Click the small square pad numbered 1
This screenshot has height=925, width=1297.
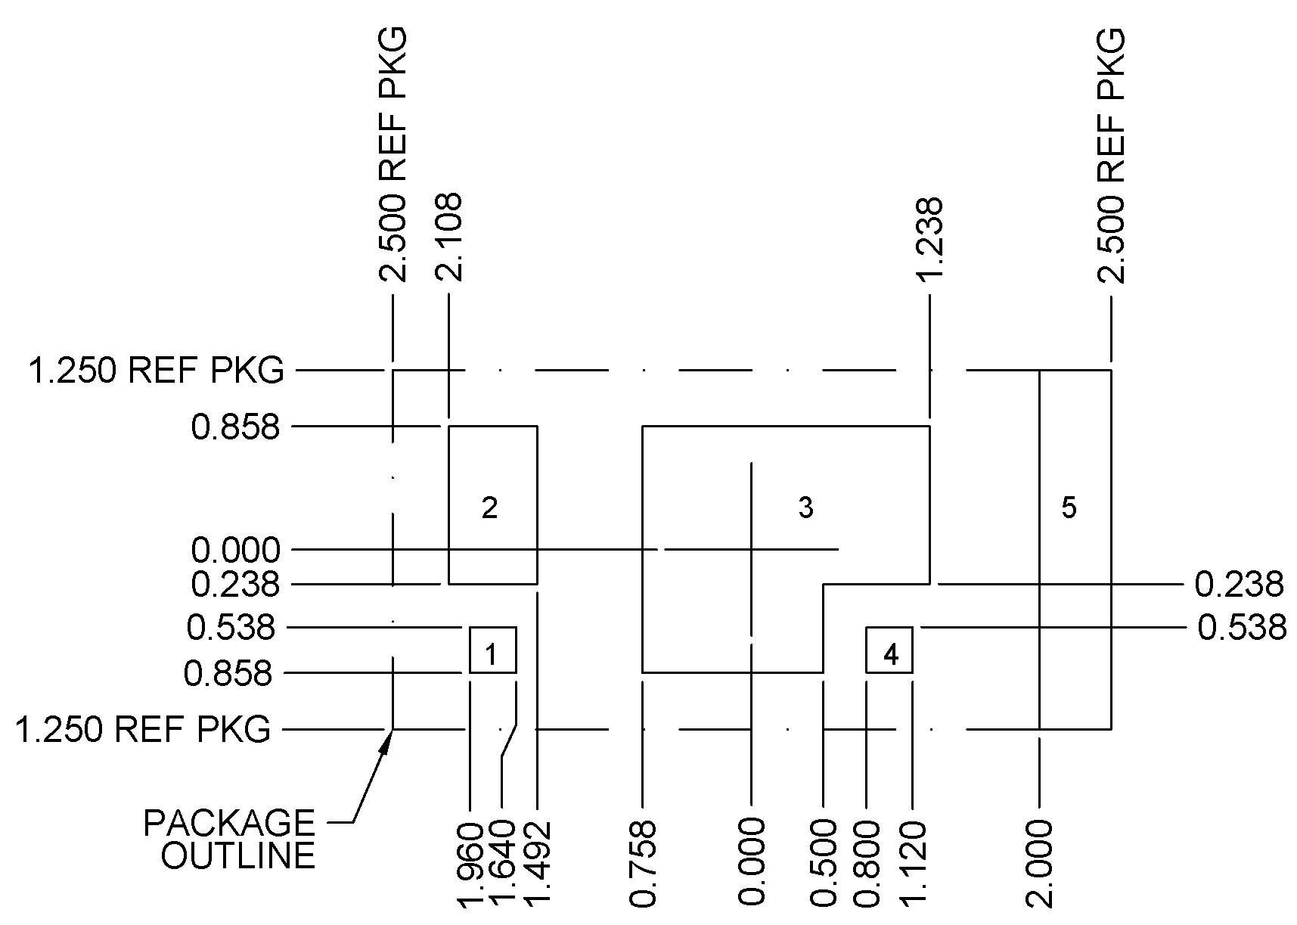(492, 650)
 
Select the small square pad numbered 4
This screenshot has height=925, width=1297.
(889, 650)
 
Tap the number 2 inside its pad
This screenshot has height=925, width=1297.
(489, 508)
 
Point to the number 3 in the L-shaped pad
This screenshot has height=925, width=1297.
(805, 508)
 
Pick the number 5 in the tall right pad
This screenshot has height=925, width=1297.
(1068, 508)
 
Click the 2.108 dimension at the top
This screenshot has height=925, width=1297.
(448, 237)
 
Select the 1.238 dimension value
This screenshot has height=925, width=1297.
(929, 239)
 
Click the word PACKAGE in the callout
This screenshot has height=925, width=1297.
(229, 823)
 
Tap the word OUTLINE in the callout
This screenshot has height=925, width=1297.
(238, 855)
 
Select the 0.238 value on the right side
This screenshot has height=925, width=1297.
(1239, 585)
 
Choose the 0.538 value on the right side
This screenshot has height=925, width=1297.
(1241, 628)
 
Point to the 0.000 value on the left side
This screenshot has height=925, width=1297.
(235, 550)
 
